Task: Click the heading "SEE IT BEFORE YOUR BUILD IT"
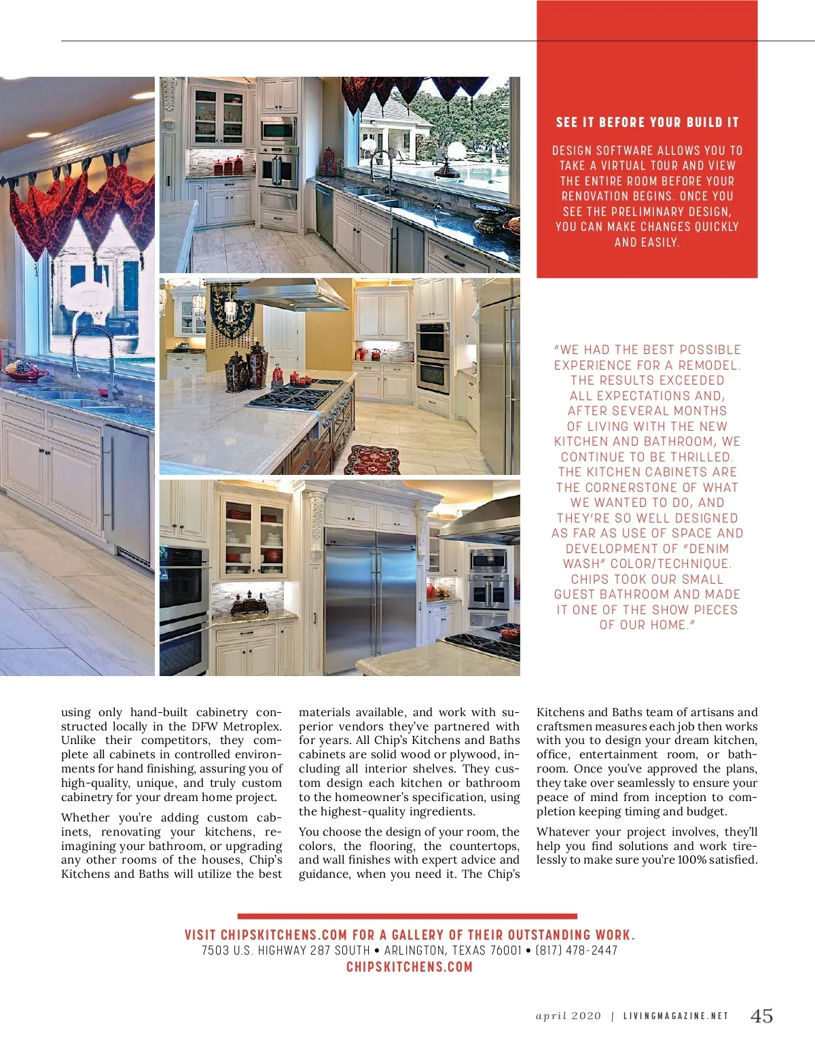click(x=647, y=122)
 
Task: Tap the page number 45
click(x=761, y=1016)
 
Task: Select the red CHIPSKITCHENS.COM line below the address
click(x=409, y=967)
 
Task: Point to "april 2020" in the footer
click(x=568, y=1016)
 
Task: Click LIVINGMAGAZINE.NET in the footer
click(x=676, y=1016)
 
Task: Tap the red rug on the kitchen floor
click(x=372, y=459)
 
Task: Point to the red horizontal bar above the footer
click(x=407, y=917)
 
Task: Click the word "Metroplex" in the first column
click(x=252, y=726)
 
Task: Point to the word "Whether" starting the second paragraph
click(x=85, y=817)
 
